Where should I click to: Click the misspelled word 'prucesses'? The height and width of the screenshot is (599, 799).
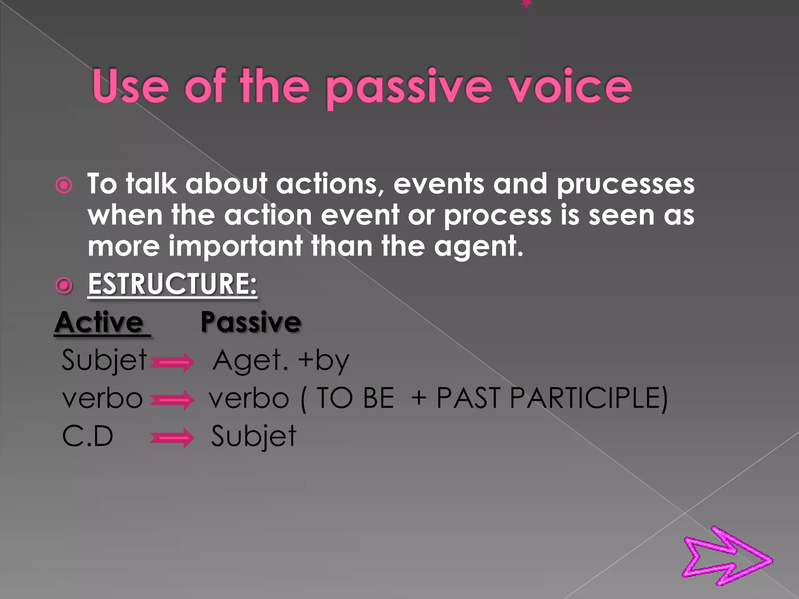point(625,184)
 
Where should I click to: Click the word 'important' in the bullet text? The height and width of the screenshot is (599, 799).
point(235,247)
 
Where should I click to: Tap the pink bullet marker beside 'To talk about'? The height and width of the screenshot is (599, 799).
point(64,185)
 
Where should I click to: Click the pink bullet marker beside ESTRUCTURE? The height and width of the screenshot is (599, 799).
point(64,286)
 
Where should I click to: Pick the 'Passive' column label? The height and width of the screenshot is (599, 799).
point(251,323)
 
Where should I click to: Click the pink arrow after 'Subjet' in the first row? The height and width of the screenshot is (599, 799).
point(172,363)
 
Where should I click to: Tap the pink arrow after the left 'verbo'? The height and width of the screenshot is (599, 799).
point(172,401)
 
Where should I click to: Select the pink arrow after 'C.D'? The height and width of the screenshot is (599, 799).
point(172,438)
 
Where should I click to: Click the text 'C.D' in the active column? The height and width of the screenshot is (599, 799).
point(88,436)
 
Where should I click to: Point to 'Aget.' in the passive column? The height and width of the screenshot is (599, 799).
point(250,361)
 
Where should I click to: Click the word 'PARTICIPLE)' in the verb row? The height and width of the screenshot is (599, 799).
point(589,399)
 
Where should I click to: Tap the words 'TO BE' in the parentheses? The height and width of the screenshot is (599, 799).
point(355,399)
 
